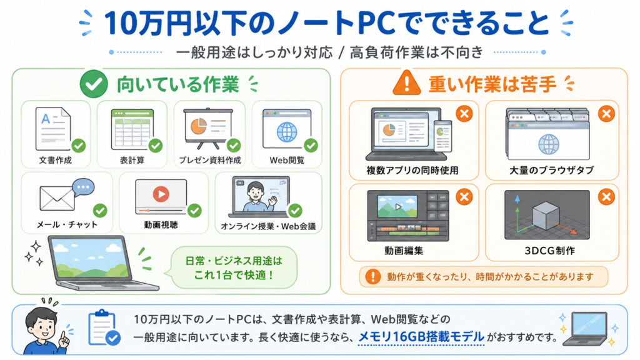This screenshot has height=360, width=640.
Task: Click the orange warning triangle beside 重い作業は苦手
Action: [x=406, y=83]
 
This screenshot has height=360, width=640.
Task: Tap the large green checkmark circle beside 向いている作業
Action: [x=94, y=84]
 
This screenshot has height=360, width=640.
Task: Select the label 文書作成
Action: [x=56, y=160]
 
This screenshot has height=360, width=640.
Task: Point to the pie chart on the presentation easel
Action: [x=198, y=126]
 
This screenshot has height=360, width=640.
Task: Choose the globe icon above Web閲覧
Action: [x=287, y=132]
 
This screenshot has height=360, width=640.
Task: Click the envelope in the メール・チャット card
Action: [x=57, y=198]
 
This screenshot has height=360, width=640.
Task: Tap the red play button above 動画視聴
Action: [x=161, y=194]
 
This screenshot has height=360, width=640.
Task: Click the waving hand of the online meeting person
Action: [x=272, y=201]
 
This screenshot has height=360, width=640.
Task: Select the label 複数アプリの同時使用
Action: [x=412, y=170]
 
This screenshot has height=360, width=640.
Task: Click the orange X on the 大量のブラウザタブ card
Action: [x=606, y=114]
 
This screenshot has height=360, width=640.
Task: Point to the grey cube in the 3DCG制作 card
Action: [x=546, y=214]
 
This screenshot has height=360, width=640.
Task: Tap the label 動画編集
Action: [x=404, y=250]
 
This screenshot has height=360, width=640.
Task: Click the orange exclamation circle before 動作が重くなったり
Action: [x=372, y=276]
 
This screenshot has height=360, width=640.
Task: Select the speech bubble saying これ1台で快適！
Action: [x=234, y=267]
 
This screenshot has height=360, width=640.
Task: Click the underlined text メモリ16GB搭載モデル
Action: [x=421, y=337]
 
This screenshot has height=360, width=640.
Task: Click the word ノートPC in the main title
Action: [x=336, y=23]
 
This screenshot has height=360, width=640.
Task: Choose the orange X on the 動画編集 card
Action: [x=464, y=197]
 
